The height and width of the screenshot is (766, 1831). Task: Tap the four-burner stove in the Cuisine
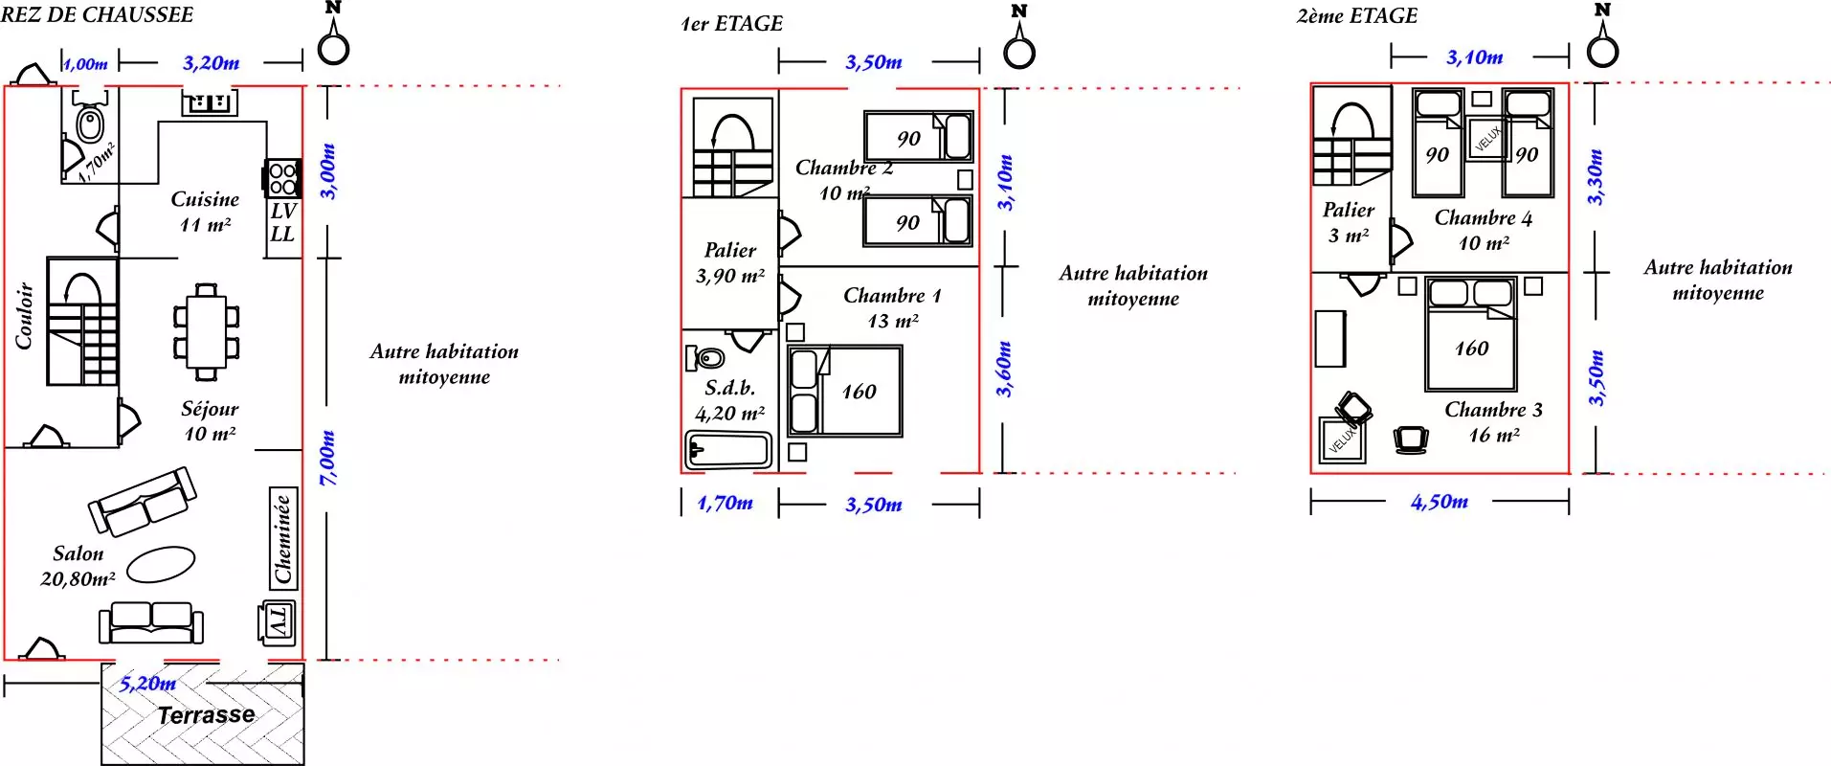click(x=282, y=178)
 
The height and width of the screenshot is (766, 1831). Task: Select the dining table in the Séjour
click(x=207, y=332)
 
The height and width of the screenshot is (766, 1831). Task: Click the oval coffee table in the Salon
click(x=161, y=564)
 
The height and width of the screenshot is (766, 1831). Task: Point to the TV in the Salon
click(x=278, y=622)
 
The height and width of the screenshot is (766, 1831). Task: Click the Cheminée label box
click(x=282, y=538)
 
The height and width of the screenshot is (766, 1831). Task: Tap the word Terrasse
click(x=206, y=715)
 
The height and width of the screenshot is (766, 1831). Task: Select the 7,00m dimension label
click(x=327, y=458)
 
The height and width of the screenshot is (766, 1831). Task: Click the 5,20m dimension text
click(x=147, y=684)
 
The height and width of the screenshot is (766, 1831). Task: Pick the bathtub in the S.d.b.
click(x=729, y=450)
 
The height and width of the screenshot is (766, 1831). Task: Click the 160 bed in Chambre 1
click(x=844, y=391)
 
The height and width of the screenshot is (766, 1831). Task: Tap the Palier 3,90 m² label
click(x=730, y=262)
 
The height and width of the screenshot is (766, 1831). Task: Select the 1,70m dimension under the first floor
click(x=725, y=503)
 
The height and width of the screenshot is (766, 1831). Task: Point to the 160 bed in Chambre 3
click(x=1471, y=333)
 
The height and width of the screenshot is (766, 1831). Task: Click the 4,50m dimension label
click(x=1439, y=501)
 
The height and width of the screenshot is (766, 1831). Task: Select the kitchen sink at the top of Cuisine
click(x=210, y=101)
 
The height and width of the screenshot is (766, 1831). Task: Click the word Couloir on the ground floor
click(x=24, y=315)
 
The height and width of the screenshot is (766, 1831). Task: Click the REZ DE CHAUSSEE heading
click(x=97, y=14)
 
